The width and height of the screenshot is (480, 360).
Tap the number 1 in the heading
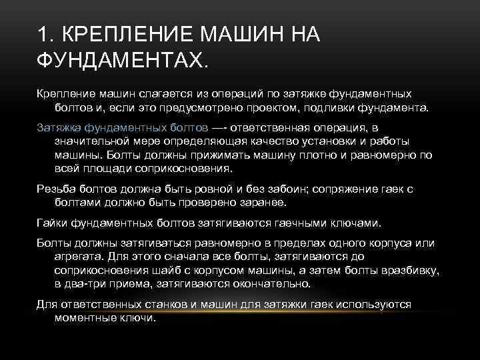[43, 34]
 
